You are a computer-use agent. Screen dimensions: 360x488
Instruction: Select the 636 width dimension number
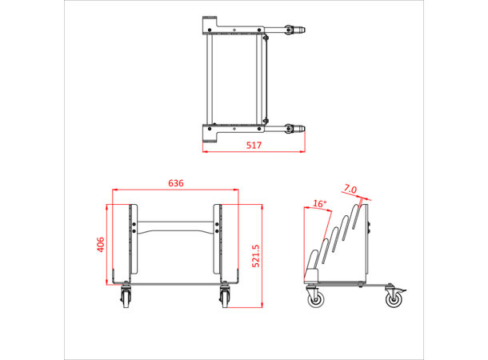tap(175, 183)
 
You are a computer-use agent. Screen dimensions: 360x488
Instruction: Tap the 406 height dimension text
tap(100, 243)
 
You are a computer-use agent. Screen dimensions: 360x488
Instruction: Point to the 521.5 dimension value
tap(256, 257)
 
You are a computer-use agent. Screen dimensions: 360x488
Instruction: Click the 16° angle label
tap(320, 204)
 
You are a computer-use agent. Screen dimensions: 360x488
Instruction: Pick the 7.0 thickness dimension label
tap(350, 190)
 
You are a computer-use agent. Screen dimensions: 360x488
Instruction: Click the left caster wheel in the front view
tap(127, 298)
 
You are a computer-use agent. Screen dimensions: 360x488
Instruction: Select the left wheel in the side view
tap(315, 299)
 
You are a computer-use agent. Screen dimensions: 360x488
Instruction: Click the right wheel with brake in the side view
tap(394, 299)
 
